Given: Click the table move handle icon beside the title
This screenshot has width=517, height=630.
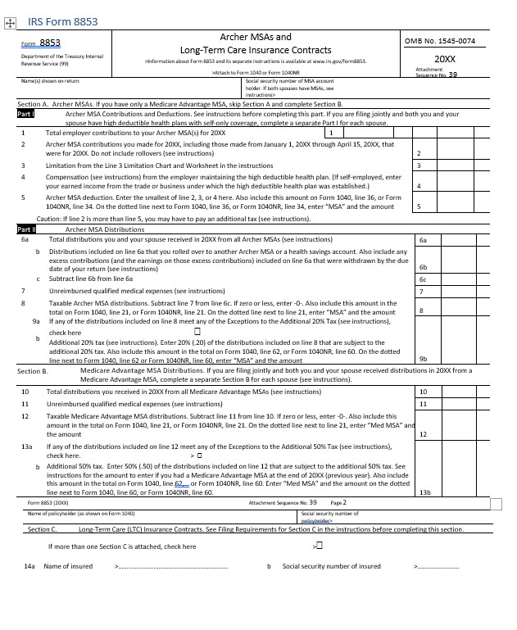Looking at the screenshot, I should [9, 24].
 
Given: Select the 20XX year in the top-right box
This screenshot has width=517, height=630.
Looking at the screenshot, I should [444, 59].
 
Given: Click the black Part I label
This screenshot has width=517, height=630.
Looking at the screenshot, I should [25, 115].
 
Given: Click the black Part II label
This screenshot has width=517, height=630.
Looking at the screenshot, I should [26, 229].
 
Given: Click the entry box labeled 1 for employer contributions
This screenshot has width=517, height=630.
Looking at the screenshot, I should [331, 132].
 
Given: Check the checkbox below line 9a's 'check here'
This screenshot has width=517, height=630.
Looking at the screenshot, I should [198, 332].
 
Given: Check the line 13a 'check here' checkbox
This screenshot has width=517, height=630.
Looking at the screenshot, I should [199, 454].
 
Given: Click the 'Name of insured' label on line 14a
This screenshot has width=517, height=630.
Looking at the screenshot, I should [68, 566].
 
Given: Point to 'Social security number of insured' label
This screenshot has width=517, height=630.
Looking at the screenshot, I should [331, 566].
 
